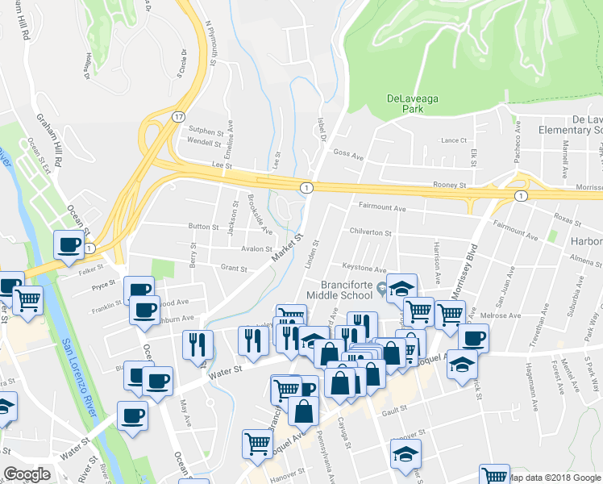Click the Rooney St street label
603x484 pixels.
[x=451, y=185]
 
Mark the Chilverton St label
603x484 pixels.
[x=369, y=232]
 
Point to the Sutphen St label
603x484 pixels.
[x=205, y=131]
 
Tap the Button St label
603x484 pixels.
[x=203, y=227]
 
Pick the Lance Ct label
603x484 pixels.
[x=454, y=140]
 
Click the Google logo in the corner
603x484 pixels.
[x=27, y=474]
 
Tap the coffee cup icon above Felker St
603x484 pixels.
[x=69, y=244]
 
